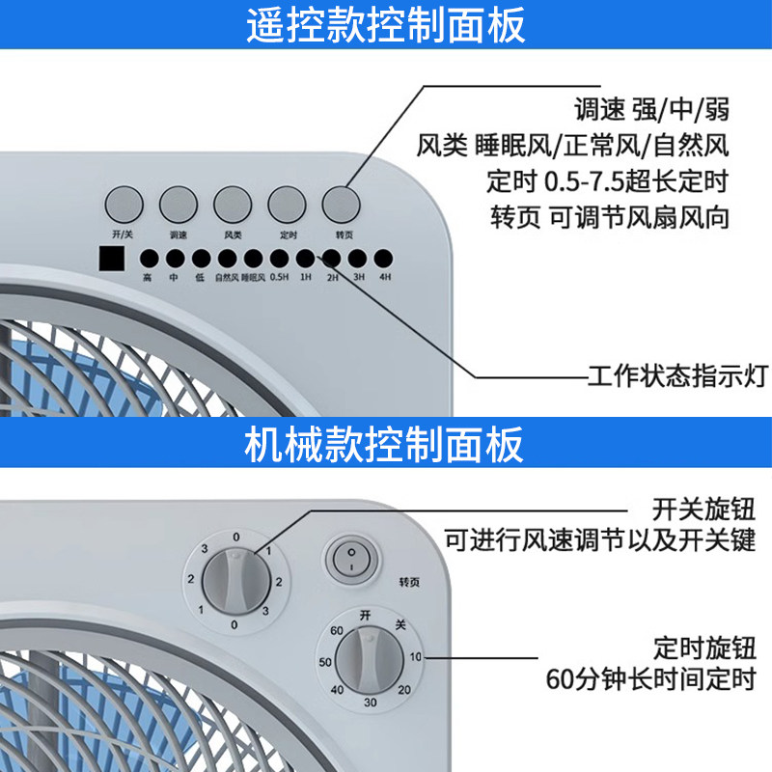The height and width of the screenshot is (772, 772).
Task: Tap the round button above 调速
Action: [179, 203]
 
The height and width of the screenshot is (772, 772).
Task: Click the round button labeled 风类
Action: [233, 203]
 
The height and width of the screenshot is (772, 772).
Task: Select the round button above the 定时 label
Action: [287, 203]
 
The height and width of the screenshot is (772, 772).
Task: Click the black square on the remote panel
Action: [112, 259]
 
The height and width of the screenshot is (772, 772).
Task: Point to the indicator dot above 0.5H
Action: [280, 259]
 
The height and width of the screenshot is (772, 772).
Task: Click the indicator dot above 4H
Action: [384, 259]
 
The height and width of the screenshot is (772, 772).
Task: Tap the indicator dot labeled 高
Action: [149, 259]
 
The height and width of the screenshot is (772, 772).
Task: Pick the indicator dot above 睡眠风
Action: [254, 259]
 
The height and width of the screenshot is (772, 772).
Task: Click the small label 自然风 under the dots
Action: [227, 277]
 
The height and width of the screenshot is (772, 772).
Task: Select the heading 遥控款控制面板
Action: [386, 26]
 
